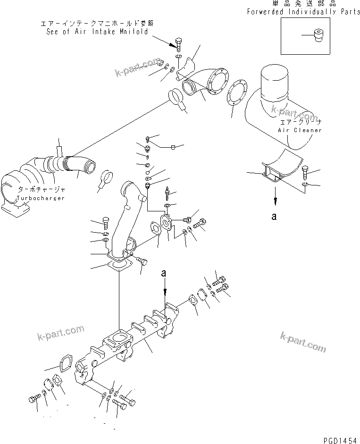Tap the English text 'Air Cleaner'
click(x=300, y=130)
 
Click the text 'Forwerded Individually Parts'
click(x=303, y=12)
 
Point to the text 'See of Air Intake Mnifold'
click(x=97, y=32)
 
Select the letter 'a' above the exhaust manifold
click(x=164, y=273)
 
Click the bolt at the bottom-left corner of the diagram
click(x=34, y=399)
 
